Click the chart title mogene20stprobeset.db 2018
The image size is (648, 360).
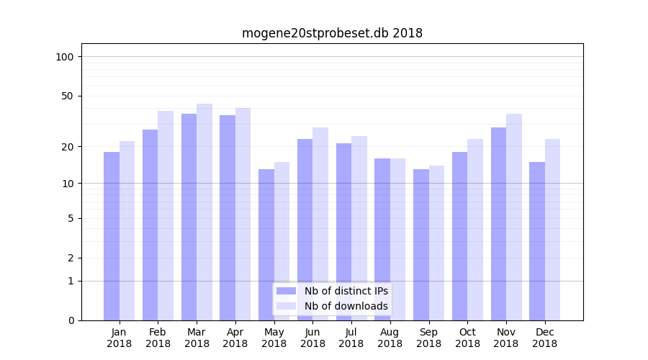[332, 33]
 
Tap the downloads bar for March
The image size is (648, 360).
[204, 212]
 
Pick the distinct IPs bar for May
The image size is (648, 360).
[266, 245]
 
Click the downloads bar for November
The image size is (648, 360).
[514, 217]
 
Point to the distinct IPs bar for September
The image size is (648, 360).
[421, 245]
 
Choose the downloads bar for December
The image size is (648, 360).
[552, 230]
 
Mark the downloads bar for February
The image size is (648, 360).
[166, 215]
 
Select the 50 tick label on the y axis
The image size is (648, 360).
[68, 96]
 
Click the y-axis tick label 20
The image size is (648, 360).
[68, 147]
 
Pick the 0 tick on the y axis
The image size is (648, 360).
[71, 320]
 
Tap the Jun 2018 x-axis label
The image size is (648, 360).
[312, 338]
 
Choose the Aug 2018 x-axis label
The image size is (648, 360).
[390, 338]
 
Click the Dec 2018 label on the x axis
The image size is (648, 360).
[544, 338]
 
